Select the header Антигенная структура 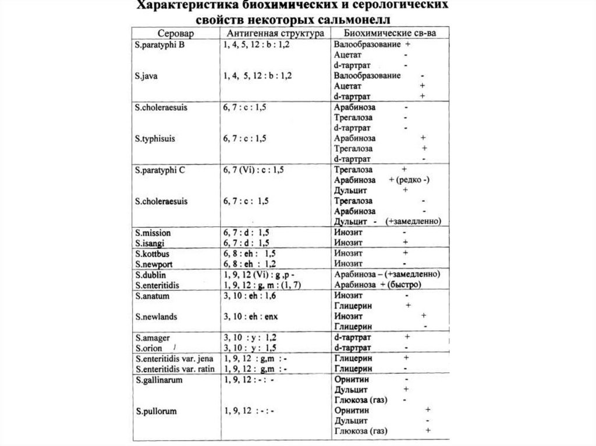point(274,33)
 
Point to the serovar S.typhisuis point(155,139)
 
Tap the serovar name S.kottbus point(152,254)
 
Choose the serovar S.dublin point(150,274)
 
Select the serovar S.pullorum point(155,411)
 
